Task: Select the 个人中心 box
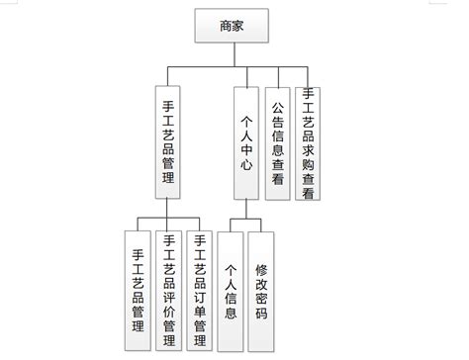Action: [x=247, y=143]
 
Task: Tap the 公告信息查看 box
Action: [x=279, y=143]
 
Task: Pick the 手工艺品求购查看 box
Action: [x=311, y=143]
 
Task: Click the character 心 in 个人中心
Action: [x=247, y=167]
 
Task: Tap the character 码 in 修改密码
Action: [x=262, y=314]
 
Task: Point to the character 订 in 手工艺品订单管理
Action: [x=201, y=280]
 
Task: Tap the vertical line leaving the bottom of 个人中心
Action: [x=247, y=208]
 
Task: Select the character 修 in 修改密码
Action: [x=262, y=268]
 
